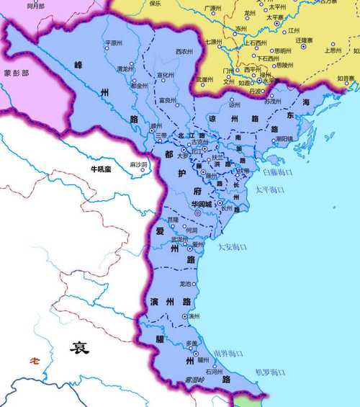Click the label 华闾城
[x=199, y=204]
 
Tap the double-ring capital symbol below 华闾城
[x=198, y=213]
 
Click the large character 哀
[x=79, y=348]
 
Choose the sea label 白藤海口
[x=277, y=173]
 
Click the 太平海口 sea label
[x=271, y=189]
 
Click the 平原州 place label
[x=115, y=43]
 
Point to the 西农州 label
[x=184, y=51]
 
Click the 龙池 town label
[x=186, y=283]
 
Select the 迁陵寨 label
[x=305, y=40]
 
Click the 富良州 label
[x=169, y=100]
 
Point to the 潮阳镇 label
[x=284, y=138]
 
